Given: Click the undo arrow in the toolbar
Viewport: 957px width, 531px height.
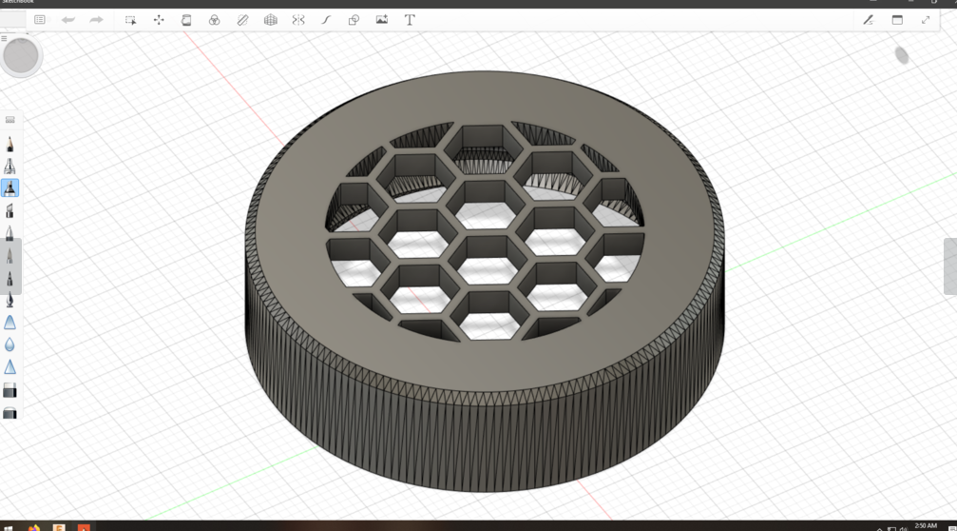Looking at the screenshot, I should (x=68, y=20).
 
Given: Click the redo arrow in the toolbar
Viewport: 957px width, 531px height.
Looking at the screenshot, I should (x=96, y=20).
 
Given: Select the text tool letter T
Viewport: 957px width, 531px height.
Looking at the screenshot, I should (x=410, y=20).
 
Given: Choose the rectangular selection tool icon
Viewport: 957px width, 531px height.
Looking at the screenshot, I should (x=131, y=20).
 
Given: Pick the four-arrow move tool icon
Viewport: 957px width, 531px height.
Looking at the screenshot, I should (x=159, y=20).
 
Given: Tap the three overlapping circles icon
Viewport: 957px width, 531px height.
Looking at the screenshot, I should (x=215, y=20).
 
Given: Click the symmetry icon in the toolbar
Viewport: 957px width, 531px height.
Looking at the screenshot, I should (x=298, y=20).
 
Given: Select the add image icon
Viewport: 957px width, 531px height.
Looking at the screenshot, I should (x=382, y=20).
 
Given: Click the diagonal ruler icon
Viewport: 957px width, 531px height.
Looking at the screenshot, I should (x=242, y=20).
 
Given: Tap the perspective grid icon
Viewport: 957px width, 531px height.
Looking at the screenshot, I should (x=271, y=20).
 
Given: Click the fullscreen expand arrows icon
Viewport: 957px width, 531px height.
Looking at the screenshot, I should (x=926, y=20).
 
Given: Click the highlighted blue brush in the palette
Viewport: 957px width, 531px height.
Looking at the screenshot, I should (x=10, y=188).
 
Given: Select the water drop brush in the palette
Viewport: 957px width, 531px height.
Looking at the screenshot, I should (x=10, y=344).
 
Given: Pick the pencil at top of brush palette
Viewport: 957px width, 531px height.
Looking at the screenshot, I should (x=10, y=144).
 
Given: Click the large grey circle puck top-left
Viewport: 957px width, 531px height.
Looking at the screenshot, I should (x=21, y=56).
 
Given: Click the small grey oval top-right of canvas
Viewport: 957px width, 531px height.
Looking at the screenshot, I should (x=902, y=56).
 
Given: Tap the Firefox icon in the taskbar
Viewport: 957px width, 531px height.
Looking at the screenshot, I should (x=34, y=527).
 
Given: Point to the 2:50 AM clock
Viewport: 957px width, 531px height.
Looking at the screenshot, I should (x=926, y=525).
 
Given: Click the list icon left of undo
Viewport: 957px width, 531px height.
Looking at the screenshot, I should (x=40, y=20).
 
